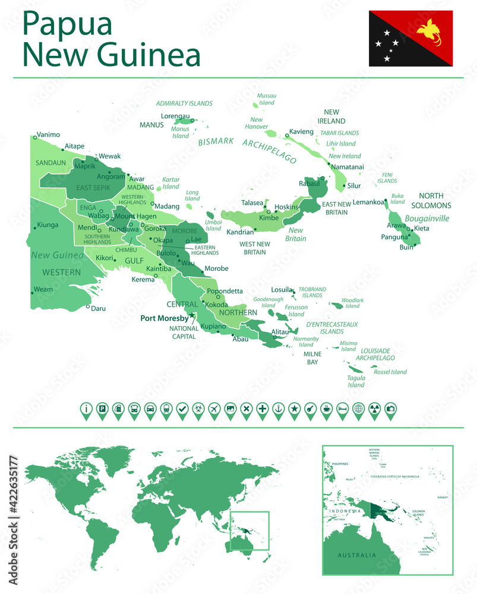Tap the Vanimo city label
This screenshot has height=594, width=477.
pyautogui.click(x=48, y=134)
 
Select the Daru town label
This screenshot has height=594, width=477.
pyautogui.click(x=98, y=308)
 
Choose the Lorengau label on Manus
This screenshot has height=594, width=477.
pyautogui.click(x=175, y=116)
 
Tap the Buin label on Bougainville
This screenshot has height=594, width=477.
pyautogui.click(x=406, y=247)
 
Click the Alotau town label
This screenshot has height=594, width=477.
pyautogui.click(x=280, y=332)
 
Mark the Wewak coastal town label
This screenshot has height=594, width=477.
pyautogui.click(x=109, y=156)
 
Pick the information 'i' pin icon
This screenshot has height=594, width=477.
pyautogui.click(x=86, y=409)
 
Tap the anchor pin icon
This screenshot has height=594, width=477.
pyautogui.click(x=278, y=409)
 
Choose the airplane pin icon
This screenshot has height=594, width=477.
pyautogui.click(x=214, y=409)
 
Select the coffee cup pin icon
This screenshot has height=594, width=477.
pyautogui.click(x=326, y=409)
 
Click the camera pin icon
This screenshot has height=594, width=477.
pyautogui.click(x=390, y=409)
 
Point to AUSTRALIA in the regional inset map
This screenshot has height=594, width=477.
pyautogui.click(x=356, y=555)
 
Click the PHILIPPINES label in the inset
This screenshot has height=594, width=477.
pyautogui.click(x=340, y=464)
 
